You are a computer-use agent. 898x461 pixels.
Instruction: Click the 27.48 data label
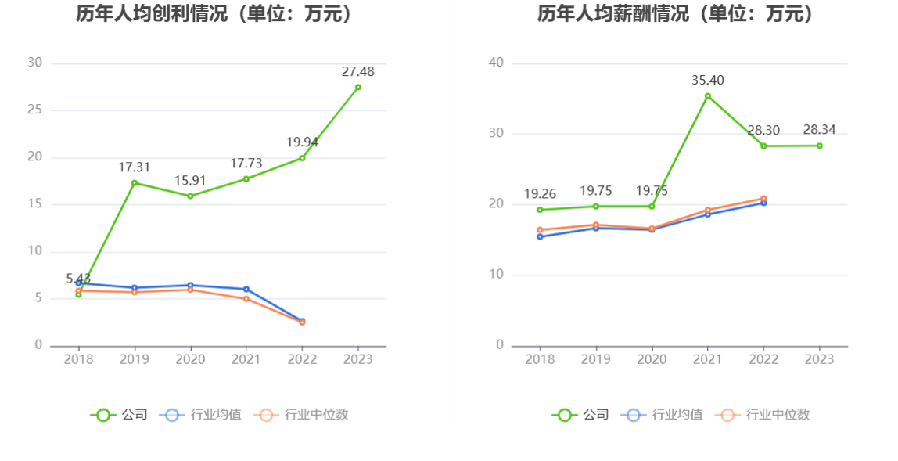pos(357,71)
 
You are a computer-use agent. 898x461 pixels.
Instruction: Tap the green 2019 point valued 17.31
pos(135,183)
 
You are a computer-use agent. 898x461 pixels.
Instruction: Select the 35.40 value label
pos(707,80)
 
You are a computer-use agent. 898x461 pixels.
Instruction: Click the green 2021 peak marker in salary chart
pos(708,96)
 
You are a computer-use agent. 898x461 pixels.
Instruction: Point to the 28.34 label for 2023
pos(819,130)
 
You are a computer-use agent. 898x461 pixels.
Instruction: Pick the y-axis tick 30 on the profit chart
pos(34,63)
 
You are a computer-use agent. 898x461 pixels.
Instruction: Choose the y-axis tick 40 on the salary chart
pos(497,63)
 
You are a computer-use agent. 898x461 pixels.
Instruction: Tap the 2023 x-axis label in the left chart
pos(357,359)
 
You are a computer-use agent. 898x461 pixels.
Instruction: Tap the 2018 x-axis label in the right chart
pos(540,359)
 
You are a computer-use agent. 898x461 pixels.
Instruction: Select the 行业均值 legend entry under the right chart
pos(662,415)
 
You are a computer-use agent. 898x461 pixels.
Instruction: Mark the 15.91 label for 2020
pos(190,181)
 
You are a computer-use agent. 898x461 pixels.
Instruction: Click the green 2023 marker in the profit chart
pos(358,87)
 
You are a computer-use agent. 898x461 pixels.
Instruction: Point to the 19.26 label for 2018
pos(540,194)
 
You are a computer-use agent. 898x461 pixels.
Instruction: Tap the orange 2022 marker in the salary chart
pos(763,199)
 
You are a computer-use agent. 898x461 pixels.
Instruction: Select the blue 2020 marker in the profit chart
pos(190,285)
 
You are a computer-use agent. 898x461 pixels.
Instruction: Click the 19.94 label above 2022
pos(302,142)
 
